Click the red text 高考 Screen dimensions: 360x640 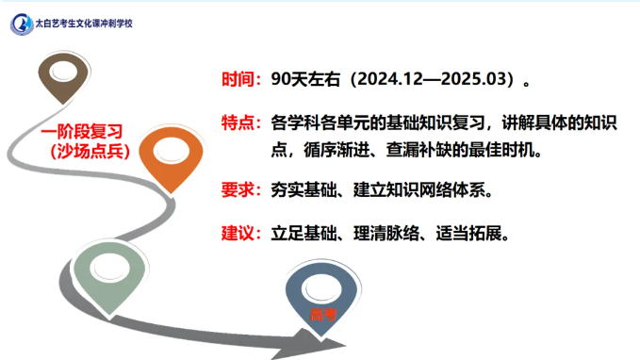321,313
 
